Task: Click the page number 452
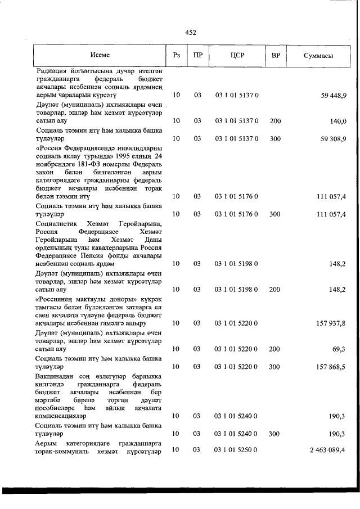point(190,33)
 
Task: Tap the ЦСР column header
point(236,55)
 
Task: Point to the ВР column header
point(276,55)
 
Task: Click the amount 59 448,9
point(334,96)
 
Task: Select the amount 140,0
point(338,121)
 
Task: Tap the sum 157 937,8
point(331,323)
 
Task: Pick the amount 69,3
point(339,349)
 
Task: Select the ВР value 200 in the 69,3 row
point(275,349)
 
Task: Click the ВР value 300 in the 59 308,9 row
point(275,138)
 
